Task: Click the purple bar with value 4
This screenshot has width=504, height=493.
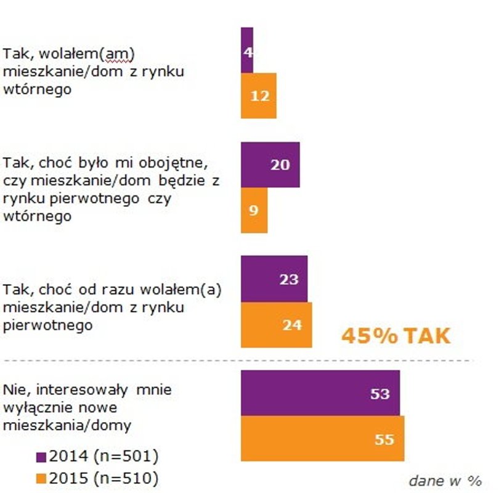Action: (x=246, y=50)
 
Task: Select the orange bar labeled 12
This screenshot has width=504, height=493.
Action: (x=258, y=96)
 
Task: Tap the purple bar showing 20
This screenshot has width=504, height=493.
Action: (x=270, y=165)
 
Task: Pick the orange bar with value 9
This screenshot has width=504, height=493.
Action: (x=254, y=210)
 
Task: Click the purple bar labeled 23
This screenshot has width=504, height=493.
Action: (x=274, y=279)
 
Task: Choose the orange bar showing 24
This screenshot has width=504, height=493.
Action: (x=276, y=325)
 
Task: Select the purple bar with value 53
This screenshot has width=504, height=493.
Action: (x=320, y=393)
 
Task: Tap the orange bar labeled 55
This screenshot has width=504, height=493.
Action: (x=322, y=439)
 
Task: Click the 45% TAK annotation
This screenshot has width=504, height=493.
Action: (x=396, y=336)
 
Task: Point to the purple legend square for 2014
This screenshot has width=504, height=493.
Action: (x=41, y=457)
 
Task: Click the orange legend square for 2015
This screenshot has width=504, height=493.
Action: (x=41, y=478)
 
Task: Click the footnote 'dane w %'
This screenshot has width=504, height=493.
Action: (x=444, y=480)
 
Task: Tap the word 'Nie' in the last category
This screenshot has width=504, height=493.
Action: (x=14, y=389)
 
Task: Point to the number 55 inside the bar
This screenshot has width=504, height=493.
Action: (x=383, y=439)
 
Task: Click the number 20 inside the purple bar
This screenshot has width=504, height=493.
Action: (x=280, y=165)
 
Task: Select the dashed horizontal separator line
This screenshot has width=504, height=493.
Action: (x=246, y=360)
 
